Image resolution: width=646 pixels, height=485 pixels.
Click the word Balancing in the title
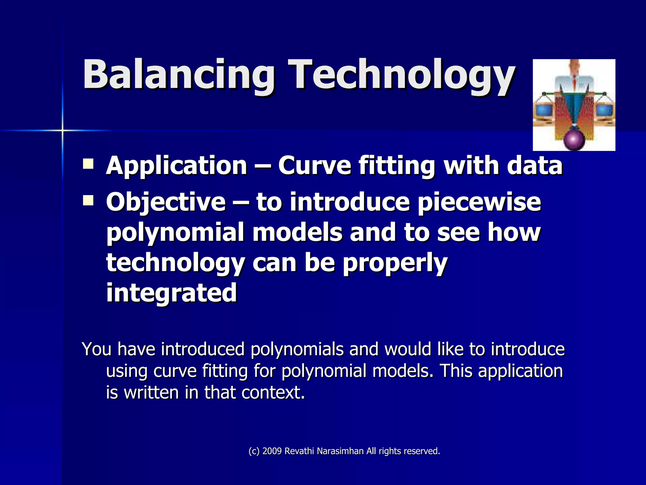click(178, 75)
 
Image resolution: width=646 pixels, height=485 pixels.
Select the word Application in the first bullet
click(177, 165)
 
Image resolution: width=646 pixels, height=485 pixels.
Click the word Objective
click(166, 202)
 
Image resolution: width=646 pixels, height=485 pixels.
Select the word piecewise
click(479, 202)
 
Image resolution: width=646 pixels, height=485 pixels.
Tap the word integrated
click(171, 293)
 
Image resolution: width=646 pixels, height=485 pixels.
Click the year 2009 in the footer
click(272, 451)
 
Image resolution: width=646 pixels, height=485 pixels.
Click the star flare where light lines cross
click(62, 130)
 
